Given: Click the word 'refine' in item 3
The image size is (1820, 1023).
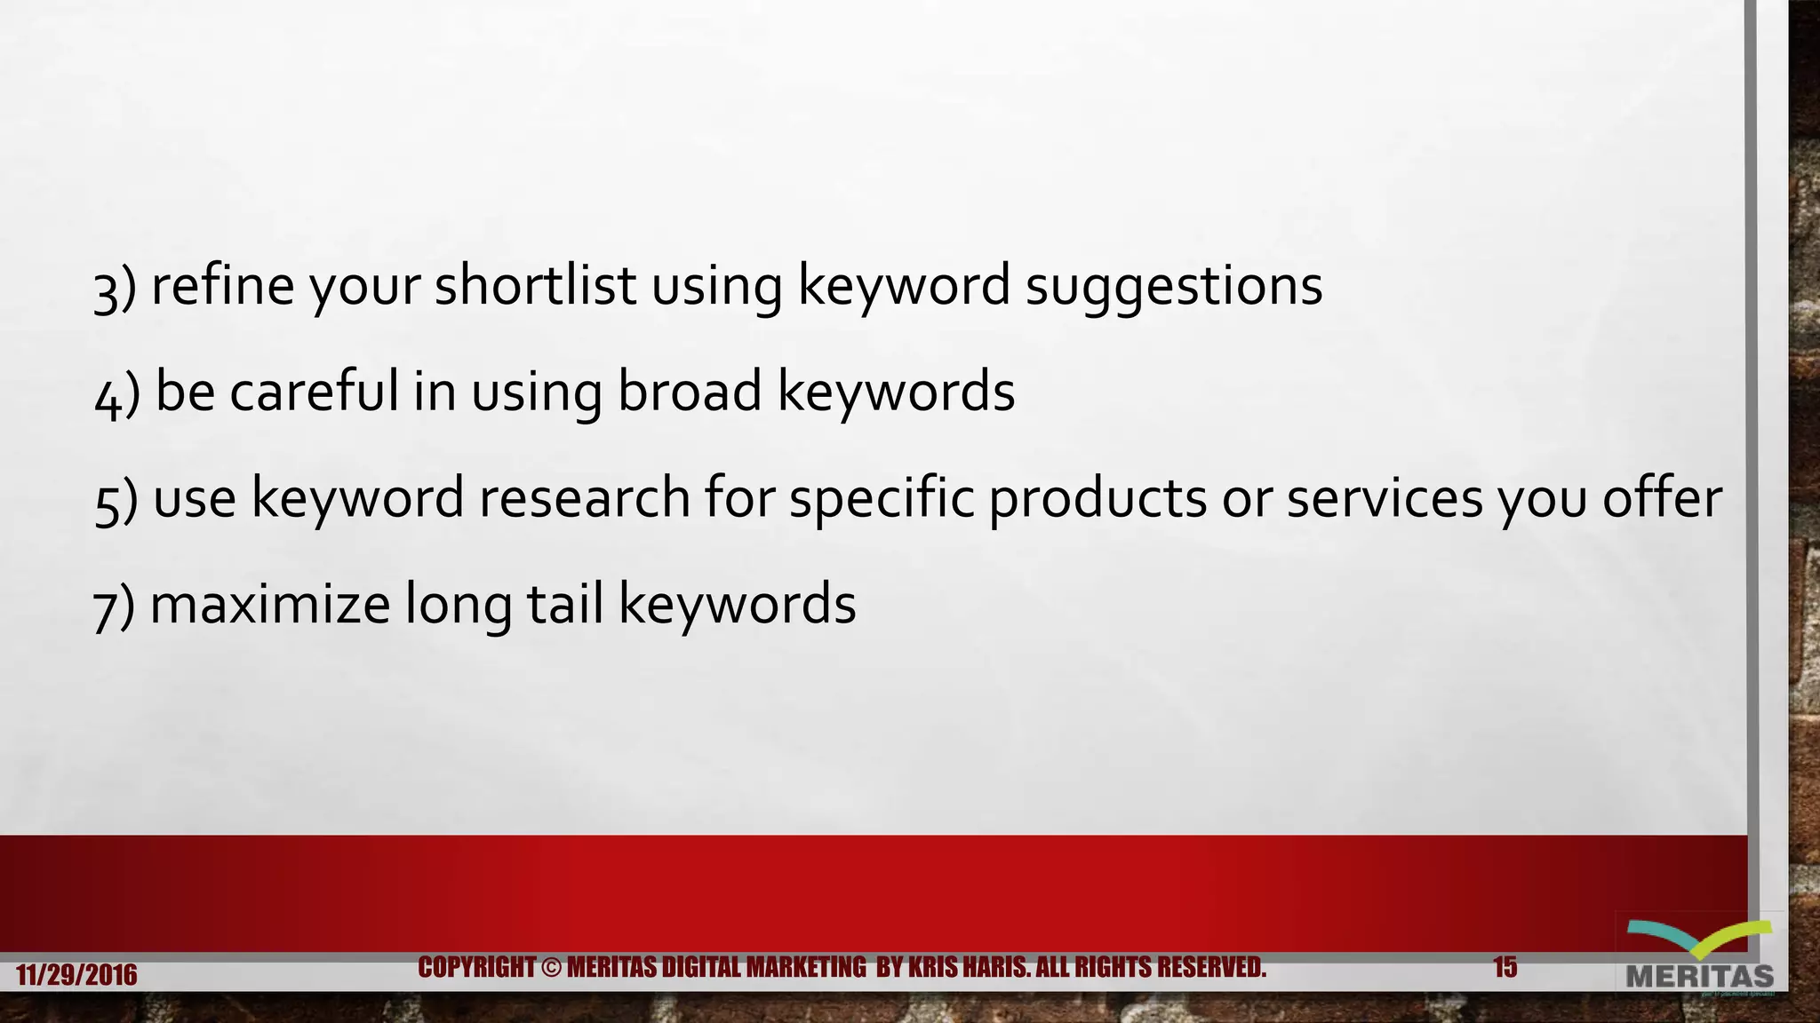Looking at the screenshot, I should pos(222,286).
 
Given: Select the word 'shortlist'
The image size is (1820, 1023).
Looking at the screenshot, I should pos(534,286).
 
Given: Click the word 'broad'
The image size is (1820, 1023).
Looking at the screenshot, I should pos(690,392).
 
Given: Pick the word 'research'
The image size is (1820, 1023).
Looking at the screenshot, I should pos(585,497).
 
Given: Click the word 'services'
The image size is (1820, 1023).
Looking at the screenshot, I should pos(1385,497).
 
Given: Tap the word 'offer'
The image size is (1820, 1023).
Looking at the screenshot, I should pos(1662,497).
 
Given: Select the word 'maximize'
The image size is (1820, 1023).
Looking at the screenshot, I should pos(270,604).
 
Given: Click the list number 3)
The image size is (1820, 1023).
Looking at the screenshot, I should pos(115,289).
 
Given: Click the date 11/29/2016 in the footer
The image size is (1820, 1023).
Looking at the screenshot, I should pos(76,975).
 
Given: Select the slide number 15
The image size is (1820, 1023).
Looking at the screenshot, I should pos(1505,967).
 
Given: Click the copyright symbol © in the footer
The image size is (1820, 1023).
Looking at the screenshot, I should pos(551,967).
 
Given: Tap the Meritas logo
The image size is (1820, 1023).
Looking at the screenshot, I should pos(1699,956).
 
